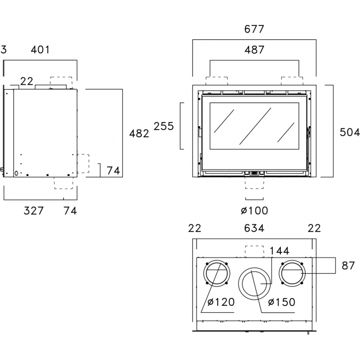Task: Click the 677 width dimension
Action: (x=254, y=29)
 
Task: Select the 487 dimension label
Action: (x=254, y=50)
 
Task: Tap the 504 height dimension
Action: (x=349, y=132)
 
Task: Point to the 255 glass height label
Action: (x=163, y=126)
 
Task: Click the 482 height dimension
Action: (x=139, y=133)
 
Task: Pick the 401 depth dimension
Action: (x=40, y=50)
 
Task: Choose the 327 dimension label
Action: (x=34, y=211)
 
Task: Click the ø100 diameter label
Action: (x=254, y=210)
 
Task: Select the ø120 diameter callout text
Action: (x=221, y=302)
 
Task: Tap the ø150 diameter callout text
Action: (x=281, y=302)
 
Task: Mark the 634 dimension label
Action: (x=254, y=228)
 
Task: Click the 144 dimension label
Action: (x=279, y=251)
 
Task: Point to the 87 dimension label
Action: (x=348, y=266)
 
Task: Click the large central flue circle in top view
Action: (x=254, y=284)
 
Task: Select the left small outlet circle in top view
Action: (x=217, y=274)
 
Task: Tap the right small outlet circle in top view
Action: (x=292, y=274)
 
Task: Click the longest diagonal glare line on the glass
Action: (x=255, y=126)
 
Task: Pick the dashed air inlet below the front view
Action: (x=255, y=183)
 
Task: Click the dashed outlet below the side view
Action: (x=64, y=183)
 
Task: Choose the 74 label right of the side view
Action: (x=113, y=171)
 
